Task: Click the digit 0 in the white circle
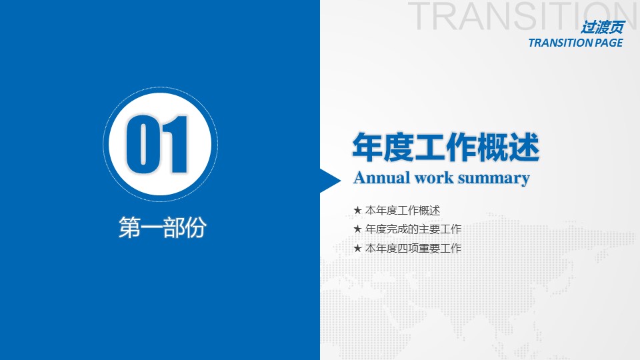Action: pos(143,144)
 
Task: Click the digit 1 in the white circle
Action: pos(176,144)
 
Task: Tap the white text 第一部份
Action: pos(163,227)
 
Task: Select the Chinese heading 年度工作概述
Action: pos(446,147)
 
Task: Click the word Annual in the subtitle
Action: pos(381,178)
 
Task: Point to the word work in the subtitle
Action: pos(434,178)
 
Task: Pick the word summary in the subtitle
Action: pos(494,179)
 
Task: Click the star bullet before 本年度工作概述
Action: pos(357,210)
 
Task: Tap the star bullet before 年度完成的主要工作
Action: pos(357,229)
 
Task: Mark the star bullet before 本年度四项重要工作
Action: pos(357,248)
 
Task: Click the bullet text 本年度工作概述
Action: pos(403,210)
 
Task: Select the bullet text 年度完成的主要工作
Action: pos(413,229)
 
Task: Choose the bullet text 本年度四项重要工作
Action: pos(413,248)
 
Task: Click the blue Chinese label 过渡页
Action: pos(603,27)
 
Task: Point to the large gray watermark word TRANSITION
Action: pos(524,15)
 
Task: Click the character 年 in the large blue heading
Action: pos(367,147)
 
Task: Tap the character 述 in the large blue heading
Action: pos(524,147)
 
